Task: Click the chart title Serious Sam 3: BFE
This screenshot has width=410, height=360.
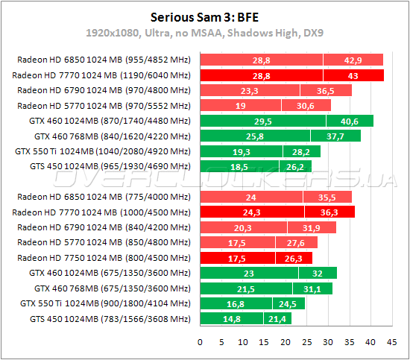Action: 205,16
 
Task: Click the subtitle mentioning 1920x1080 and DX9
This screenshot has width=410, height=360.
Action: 205,34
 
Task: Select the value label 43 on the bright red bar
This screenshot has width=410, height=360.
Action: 353,75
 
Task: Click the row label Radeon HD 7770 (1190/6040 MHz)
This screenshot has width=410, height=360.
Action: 102,75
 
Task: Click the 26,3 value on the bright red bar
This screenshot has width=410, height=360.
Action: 293,258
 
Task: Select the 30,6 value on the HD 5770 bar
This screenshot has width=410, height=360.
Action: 306,106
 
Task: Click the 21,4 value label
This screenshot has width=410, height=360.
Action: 278,319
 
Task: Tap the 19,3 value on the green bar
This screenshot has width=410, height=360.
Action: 239,151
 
